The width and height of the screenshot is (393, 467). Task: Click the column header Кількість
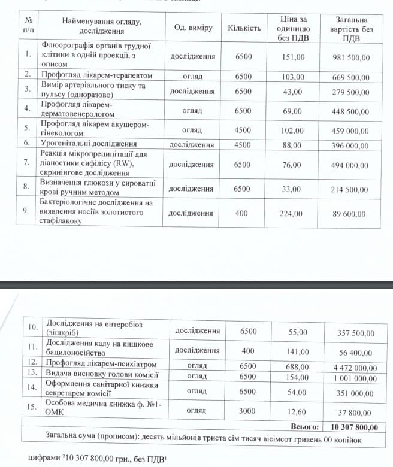coord(244,28)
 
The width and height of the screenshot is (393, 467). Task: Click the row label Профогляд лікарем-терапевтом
coord(97,76)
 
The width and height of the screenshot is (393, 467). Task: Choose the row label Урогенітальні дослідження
coord(89,144)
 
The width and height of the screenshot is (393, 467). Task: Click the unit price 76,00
coord(293,165)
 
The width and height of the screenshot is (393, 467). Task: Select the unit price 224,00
coord(293,213)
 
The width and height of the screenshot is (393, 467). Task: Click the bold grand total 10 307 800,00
coord(354,427)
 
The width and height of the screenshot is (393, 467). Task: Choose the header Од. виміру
coord(193,28)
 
